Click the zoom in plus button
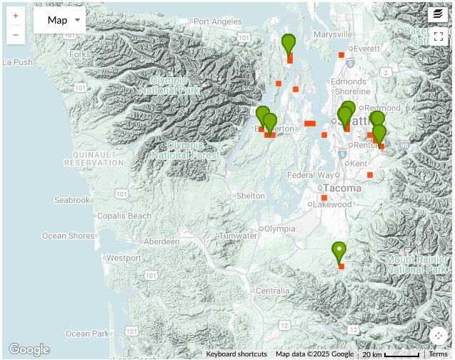[x=16, y=14]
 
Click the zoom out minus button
[x=16, y=34]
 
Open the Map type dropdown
[x=59, y=20]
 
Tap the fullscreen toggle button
[x=438, y=37]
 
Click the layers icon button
[x=438, y=14]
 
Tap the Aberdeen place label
[x=161, y=242]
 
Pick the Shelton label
[x=250, y=196]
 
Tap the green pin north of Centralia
[x=339, y=251]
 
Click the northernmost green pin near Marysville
[x=289, y=44]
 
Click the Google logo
[x=29, y=349]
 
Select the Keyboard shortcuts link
[x=236, y=354]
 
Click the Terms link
[x=438, y=354]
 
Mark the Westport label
[x=124, y=258]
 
